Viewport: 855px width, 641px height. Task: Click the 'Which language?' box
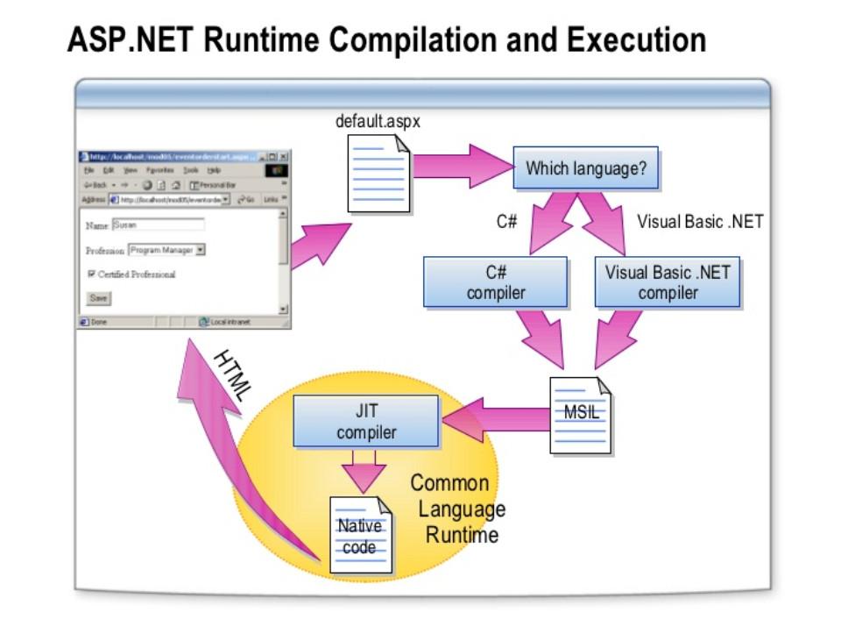pos(585,167)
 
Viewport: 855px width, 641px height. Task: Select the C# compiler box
pos(495,281)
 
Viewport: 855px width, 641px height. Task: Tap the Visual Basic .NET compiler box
pos(667,281)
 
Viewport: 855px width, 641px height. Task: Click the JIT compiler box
pos(365,421)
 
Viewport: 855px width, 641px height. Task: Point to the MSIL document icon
pos(579,415)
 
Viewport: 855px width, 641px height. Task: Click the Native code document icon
pos(360,535)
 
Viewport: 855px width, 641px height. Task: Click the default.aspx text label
pos(378,122)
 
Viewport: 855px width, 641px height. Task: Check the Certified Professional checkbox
pos(91,274)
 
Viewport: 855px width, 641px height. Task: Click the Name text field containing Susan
pos(158,224)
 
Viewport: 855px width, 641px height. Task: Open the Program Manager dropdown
pos(200,250)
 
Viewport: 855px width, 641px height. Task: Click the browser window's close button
pos(283,156)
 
